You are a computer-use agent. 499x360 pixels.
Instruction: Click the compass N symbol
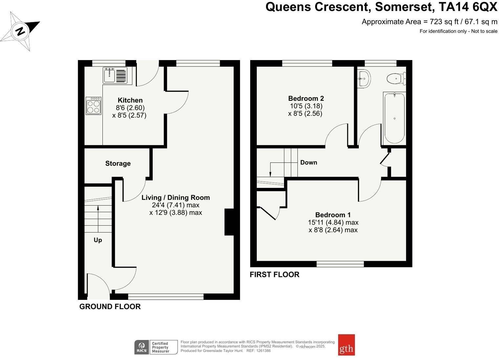tap(20, 31)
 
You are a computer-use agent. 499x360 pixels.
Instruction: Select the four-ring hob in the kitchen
tap(94, 106)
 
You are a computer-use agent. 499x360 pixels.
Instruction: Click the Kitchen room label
tap(130, 100)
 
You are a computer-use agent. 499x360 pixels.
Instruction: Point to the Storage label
tap(118, 163)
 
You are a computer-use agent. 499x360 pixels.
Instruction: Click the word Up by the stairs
tap(98, 240)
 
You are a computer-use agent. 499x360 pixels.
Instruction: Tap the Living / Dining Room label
tap(176, 197)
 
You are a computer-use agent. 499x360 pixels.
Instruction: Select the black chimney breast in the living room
tap(229, 222)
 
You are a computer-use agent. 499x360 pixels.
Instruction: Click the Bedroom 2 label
tap(306, 98)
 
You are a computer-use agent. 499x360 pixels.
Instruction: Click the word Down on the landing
tap(309, 162)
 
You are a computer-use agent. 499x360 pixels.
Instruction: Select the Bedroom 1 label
tap(333, 214)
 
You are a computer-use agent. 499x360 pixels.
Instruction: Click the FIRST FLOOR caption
tap(274, 275)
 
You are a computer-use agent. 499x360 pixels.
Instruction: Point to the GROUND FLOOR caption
tap(110, 306)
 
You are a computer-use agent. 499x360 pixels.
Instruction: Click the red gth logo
tap(346, 345)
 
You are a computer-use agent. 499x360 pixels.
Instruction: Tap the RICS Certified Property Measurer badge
tap(156, 347)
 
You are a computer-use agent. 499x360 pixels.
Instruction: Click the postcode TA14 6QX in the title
tap(468, 7)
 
